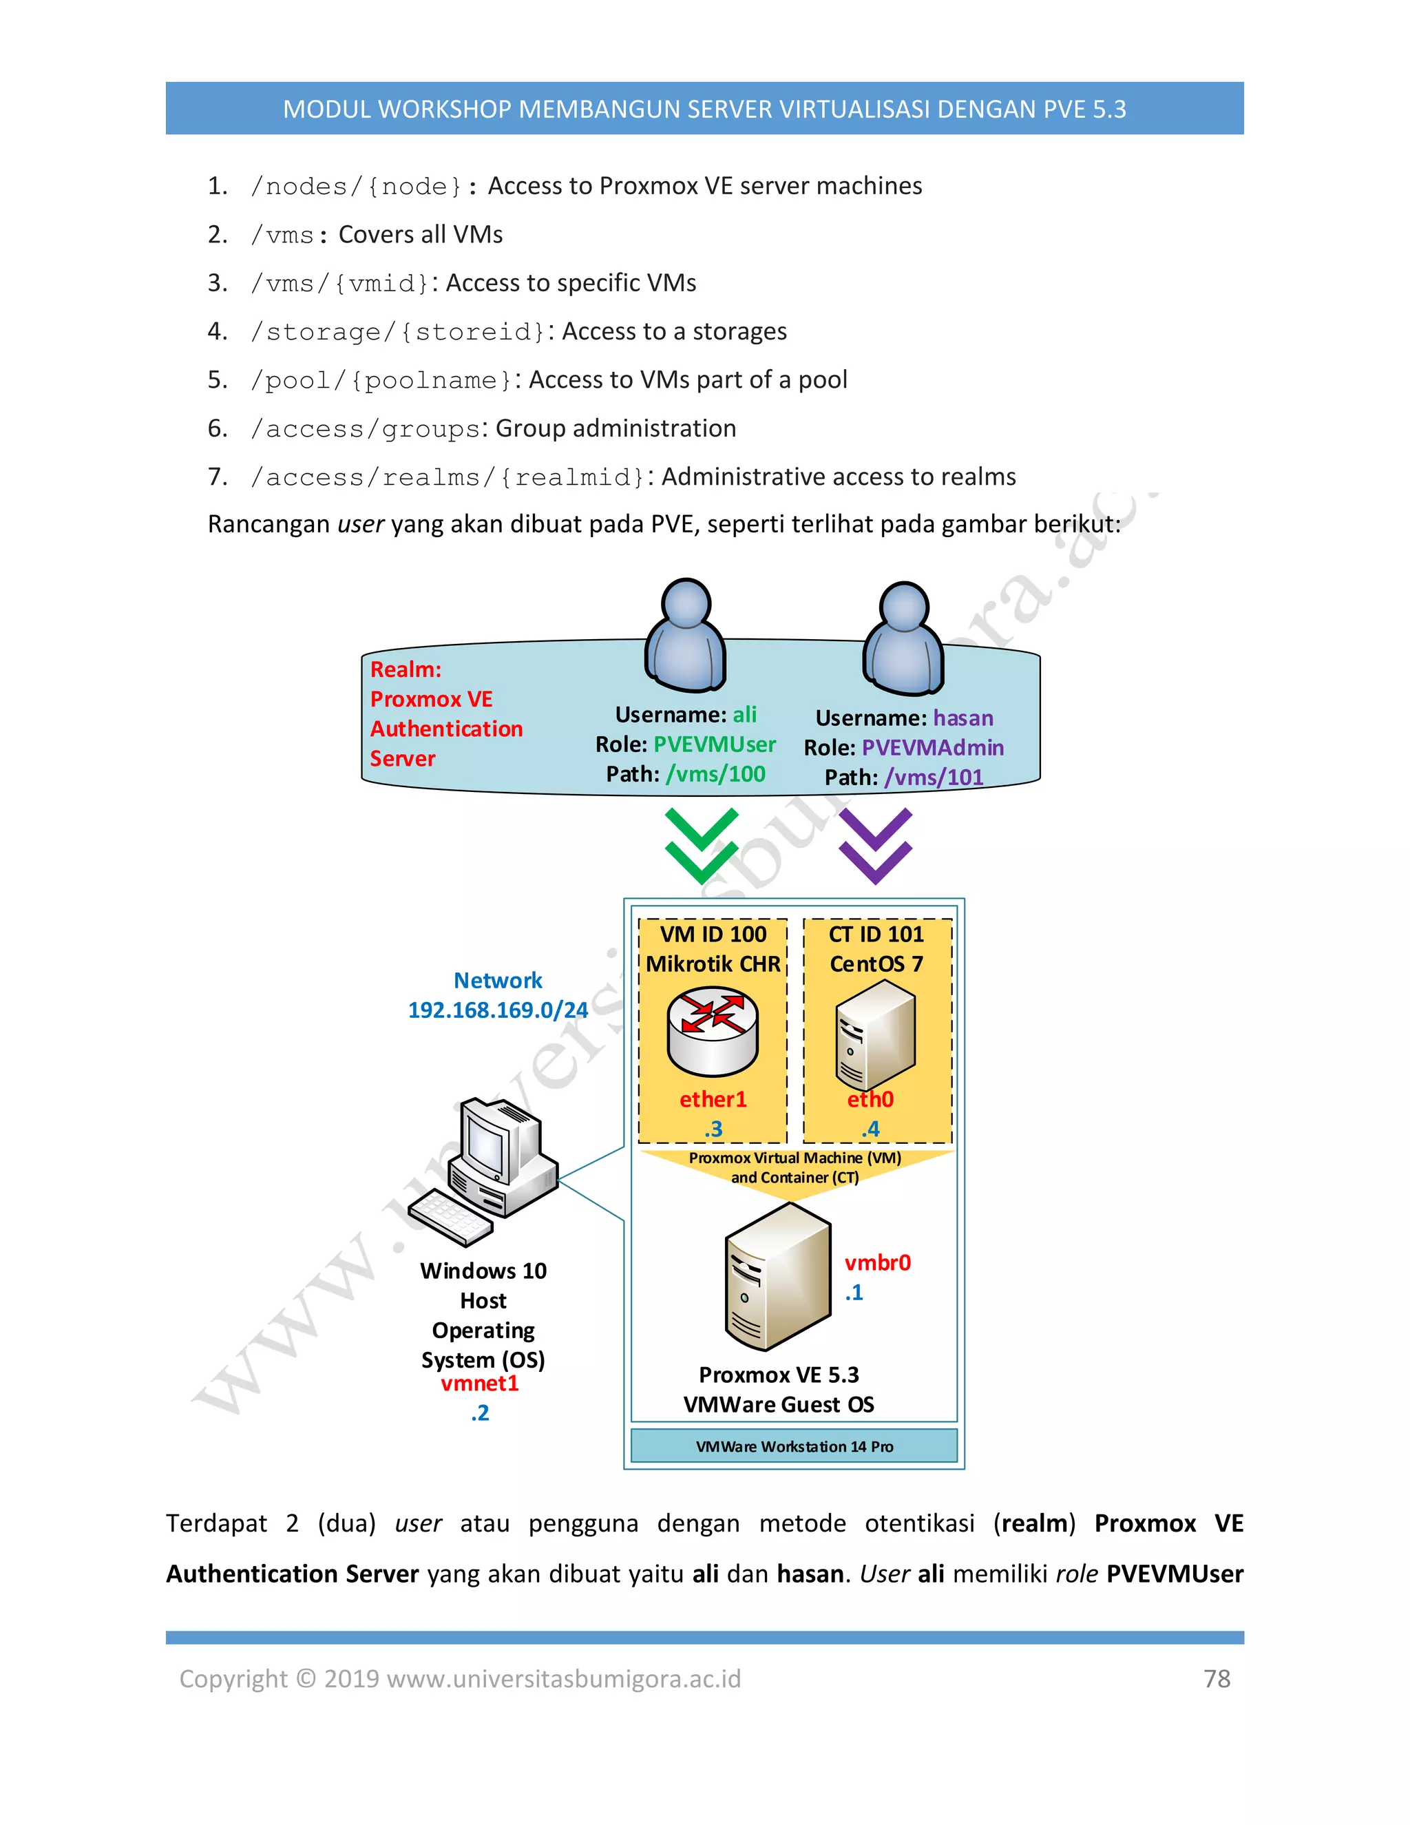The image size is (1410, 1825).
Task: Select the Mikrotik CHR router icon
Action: (x=713, y=1031)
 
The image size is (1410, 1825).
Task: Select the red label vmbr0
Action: (x=877, y=1262)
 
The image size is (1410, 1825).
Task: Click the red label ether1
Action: (x=713, y=1100)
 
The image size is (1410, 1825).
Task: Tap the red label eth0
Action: (x=870, y=1100)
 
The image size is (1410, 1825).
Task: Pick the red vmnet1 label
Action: (x=481, y=1384)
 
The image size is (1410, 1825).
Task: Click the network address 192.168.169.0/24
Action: (x=498, y=1010)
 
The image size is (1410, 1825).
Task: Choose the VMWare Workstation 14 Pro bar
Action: (x=794, y=1446)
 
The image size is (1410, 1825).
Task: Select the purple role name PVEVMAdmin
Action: (x=932, y=748)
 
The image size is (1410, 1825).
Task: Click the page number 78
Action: (x=1217, y=1679)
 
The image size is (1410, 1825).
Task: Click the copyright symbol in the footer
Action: (x=306, y=1679)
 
